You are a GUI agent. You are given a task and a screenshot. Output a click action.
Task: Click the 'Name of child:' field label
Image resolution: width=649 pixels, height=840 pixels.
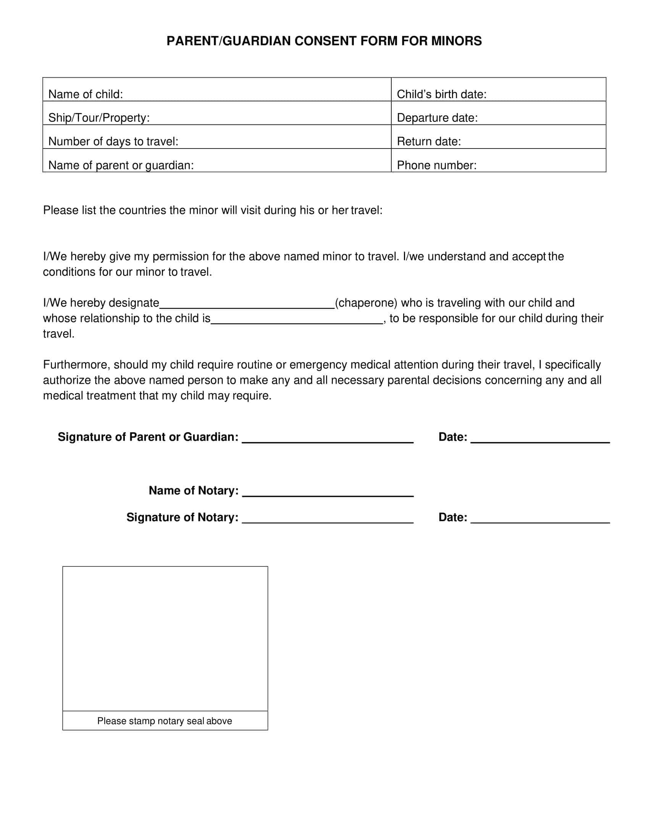(86, 94)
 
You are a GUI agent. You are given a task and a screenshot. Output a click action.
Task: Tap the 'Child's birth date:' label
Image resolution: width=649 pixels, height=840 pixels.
(441, 94)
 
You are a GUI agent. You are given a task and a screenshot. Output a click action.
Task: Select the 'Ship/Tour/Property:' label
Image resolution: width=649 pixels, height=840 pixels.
(99, 118)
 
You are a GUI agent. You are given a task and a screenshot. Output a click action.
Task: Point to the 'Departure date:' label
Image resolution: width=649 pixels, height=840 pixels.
(437, 118)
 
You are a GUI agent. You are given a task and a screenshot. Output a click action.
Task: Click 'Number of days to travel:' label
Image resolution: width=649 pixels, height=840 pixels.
(113, 142)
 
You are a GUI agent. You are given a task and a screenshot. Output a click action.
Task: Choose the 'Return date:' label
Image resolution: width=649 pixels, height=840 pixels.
(429, 142)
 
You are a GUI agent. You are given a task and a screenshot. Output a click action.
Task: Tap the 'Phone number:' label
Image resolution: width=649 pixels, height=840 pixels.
(436, 165)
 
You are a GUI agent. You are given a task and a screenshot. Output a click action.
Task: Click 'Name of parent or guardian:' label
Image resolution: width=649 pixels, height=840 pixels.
(121, 165)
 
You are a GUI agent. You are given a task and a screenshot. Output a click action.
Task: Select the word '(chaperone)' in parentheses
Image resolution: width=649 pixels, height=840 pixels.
(366, 303)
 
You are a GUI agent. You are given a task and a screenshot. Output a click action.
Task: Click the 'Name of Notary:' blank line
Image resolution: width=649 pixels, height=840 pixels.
(328, 493)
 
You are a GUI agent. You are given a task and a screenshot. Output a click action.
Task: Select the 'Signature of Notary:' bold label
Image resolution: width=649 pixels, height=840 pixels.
(182, 517)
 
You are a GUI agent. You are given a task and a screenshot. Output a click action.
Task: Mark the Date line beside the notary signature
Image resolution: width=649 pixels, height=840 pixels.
(540, 519)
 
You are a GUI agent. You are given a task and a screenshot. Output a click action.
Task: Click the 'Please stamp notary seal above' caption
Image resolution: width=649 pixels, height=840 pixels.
(165, 721)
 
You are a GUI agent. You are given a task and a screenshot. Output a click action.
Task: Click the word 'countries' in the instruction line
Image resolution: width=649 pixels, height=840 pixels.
(143, 210)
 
